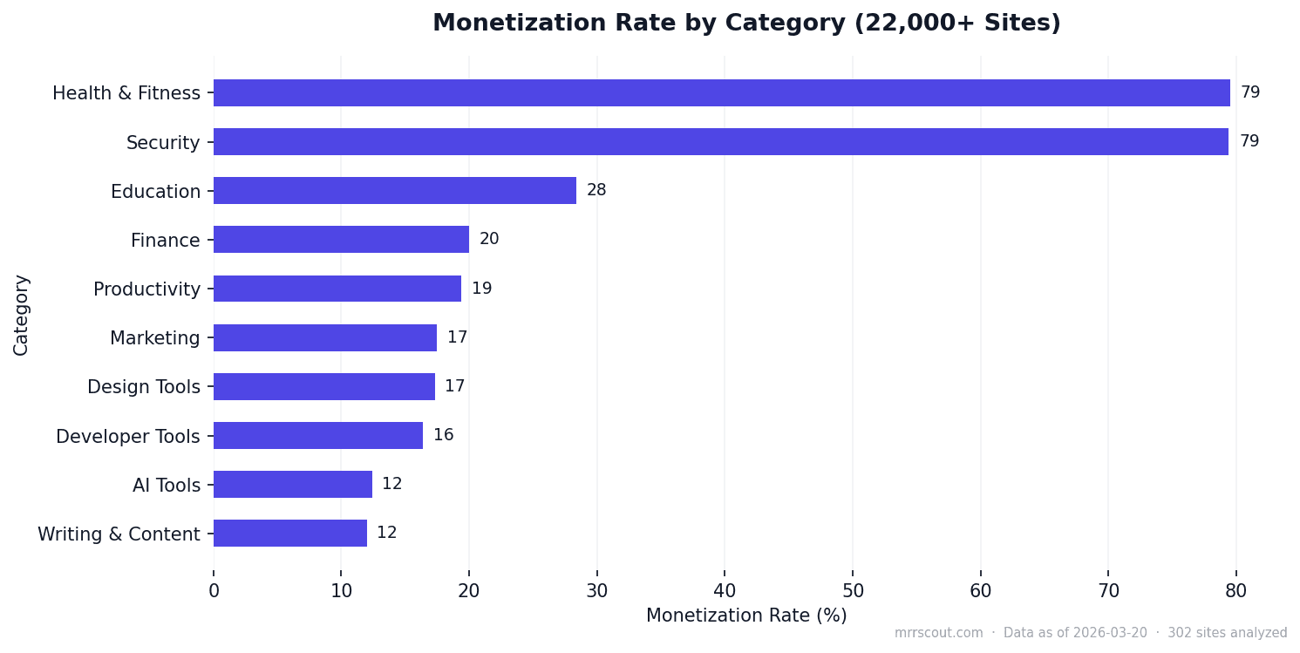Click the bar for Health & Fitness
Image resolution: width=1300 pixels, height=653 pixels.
tap(721, 93)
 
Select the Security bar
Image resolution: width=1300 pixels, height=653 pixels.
tap(720, 142)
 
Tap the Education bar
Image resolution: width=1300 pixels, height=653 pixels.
tap(394, 191)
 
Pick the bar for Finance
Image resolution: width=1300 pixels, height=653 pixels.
tap(341, 240)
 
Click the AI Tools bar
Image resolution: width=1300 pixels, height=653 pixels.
tap(292, 485)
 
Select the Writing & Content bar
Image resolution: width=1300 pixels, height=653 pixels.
tap(289, 534)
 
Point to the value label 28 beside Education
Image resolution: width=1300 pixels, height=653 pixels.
tap(596, 190)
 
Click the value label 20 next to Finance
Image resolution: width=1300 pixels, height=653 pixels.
tap(489, 239)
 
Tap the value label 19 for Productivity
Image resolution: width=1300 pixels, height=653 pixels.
tap(481, 289)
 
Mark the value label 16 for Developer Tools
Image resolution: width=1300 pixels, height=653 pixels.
tap(443, 435)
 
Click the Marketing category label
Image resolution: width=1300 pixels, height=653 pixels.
tap(155, 338)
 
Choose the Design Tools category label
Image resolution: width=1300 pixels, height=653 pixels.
tap(144, 387)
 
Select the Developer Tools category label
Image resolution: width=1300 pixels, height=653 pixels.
tap(128, 437)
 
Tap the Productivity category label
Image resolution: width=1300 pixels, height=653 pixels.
tap(146, 289)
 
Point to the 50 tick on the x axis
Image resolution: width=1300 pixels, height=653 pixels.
tap(853, 591)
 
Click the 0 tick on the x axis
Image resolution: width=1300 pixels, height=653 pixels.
tap(214, 591)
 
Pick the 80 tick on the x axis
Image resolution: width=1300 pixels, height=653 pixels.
tap(1235, 591)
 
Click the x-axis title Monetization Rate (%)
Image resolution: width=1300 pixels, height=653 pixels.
tap(746, 616)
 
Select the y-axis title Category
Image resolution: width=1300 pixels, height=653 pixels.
tap(22, 315)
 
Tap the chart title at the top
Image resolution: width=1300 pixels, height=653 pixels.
tap(746, 24)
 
